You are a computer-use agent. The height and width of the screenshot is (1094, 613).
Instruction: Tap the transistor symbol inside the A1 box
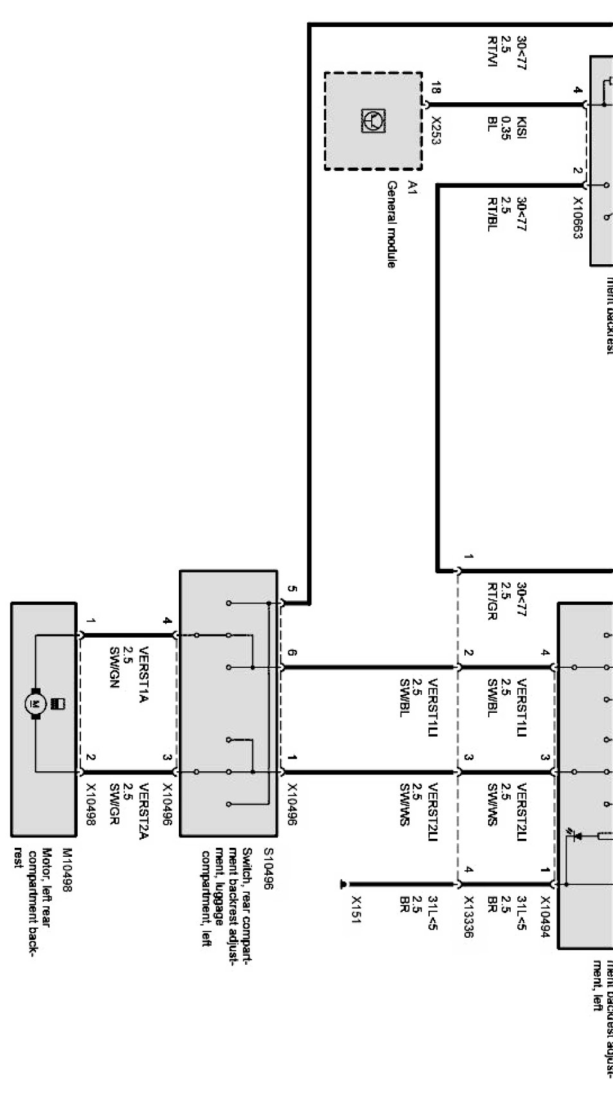tap(374, 121)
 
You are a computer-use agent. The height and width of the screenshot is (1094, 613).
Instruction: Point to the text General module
tap(392, 224)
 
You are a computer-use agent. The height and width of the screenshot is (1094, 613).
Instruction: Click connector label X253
tap(435, 130)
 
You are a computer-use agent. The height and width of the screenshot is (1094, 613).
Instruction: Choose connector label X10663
tap(577, 218)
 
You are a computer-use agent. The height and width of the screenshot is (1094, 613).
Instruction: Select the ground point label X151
tap(356, 909)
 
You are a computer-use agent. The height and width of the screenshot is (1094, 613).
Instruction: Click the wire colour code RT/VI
tap(492, 52)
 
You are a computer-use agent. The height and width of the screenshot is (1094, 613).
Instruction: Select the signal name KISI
tap(522, 129)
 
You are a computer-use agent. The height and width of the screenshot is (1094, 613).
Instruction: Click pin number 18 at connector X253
tap(435, 88)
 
